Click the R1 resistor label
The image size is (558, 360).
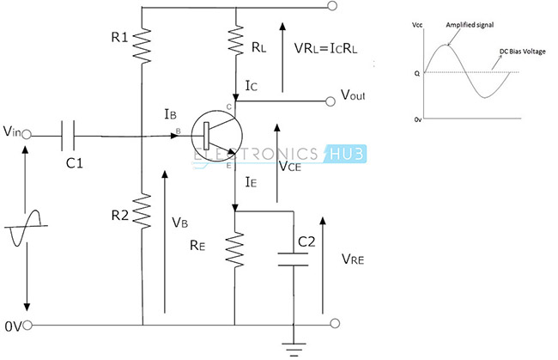119,37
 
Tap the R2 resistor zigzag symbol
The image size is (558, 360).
142,211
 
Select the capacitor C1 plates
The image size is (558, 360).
68,135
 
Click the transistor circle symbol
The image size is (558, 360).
216,136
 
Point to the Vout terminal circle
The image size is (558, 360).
331,101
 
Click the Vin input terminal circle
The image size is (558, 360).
27,135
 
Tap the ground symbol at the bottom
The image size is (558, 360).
294,350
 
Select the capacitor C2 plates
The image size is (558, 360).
293,259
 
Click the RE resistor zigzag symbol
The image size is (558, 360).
235,249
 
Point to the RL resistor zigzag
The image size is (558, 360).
235,40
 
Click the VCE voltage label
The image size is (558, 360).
290,166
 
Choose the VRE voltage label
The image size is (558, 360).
353,259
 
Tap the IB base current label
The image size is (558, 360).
171,114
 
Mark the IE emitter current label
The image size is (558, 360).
251,182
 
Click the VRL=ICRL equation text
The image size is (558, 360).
325,48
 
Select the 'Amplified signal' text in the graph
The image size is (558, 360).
470,25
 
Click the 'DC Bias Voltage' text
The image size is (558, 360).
523,52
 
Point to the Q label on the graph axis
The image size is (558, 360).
417,74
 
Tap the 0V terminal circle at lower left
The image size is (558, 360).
27,325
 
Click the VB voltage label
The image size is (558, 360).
179,223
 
